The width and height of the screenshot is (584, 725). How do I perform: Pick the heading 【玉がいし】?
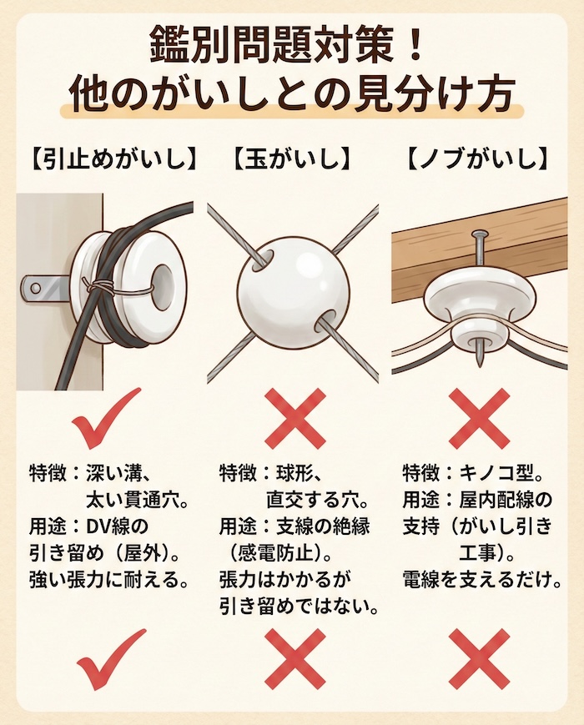tap(292, 159)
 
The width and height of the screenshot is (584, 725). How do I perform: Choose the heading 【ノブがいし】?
tap(478, 159)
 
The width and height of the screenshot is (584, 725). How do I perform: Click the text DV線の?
tap(117, 526)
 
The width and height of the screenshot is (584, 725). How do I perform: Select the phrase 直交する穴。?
tap(316, 500)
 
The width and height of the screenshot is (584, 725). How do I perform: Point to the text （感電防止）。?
tap(279, 552)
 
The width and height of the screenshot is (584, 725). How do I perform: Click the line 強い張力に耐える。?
tap(108, 578)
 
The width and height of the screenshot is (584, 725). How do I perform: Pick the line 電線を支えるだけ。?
tap(483, 578)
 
